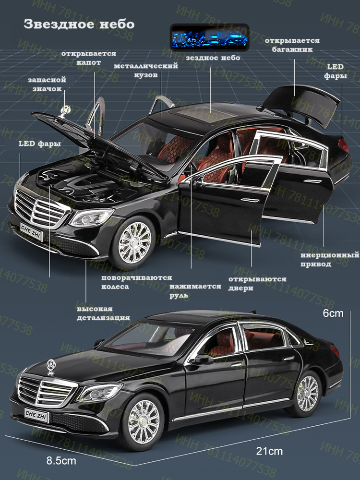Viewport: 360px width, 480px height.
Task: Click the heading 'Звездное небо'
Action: point(79,24)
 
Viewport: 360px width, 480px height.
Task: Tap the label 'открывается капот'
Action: point(88,58)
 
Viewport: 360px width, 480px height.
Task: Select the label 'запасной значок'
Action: point(47,84)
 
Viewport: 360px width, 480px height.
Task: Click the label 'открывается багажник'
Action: point(289,45)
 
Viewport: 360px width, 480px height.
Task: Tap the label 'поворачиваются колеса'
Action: point(136,282)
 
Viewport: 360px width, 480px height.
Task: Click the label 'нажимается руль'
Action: point(195,291)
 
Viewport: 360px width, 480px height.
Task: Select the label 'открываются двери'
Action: point(257,284)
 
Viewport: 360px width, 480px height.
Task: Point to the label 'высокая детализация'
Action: point(103,312)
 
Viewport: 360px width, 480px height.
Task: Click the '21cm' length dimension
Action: point(269,451)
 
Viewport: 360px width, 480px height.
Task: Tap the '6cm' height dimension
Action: point(333,313)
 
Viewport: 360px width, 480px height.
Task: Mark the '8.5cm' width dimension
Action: point(61,461)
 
